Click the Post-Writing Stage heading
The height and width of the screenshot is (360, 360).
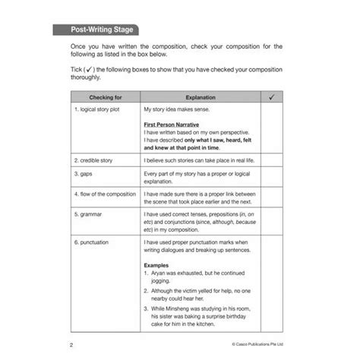[96, 30]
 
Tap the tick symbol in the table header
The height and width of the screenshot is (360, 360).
[272, 98]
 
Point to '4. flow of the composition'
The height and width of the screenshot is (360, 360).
[106, 194]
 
